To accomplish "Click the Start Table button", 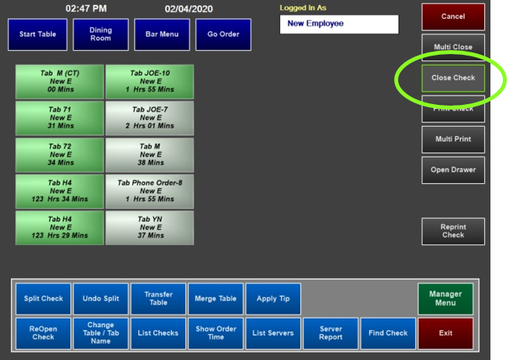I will point(38,34).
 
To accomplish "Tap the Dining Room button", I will point(101,34).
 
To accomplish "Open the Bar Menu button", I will point(162,34).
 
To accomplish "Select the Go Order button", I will point(224,34).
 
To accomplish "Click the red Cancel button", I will point(453,16).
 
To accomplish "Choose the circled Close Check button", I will point(453,78).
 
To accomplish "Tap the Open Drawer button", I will point(453,170).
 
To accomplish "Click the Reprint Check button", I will point(453,231).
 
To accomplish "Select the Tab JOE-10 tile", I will point(149,81).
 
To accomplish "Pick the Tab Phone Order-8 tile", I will point(149,191).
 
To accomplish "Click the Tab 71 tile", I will point(59,118).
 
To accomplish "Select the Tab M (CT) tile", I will point(59,81).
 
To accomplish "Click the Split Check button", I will point(43,298).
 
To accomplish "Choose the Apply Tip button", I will point(273,298).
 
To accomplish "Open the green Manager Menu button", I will point(445,298).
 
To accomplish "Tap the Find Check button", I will point(388,333).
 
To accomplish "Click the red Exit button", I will point(445,333).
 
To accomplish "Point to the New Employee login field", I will point(339,24).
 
